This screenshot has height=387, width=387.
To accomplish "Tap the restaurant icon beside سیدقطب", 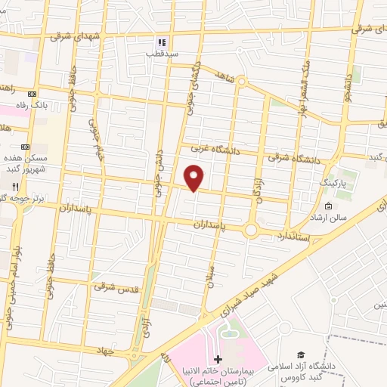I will pos(160,43).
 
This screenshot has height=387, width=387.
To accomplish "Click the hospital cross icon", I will pos(218,358).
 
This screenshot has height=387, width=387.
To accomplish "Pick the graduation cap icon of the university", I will pos(301,354).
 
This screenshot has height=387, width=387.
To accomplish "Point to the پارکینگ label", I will pos(333,183).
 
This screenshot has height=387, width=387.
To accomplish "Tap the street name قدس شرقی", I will pos(112,286).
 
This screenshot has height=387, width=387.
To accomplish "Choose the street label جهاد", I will pos(104,351).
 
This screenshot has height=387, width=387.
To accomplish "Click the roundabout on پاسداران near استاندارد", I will pos(251,228).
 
